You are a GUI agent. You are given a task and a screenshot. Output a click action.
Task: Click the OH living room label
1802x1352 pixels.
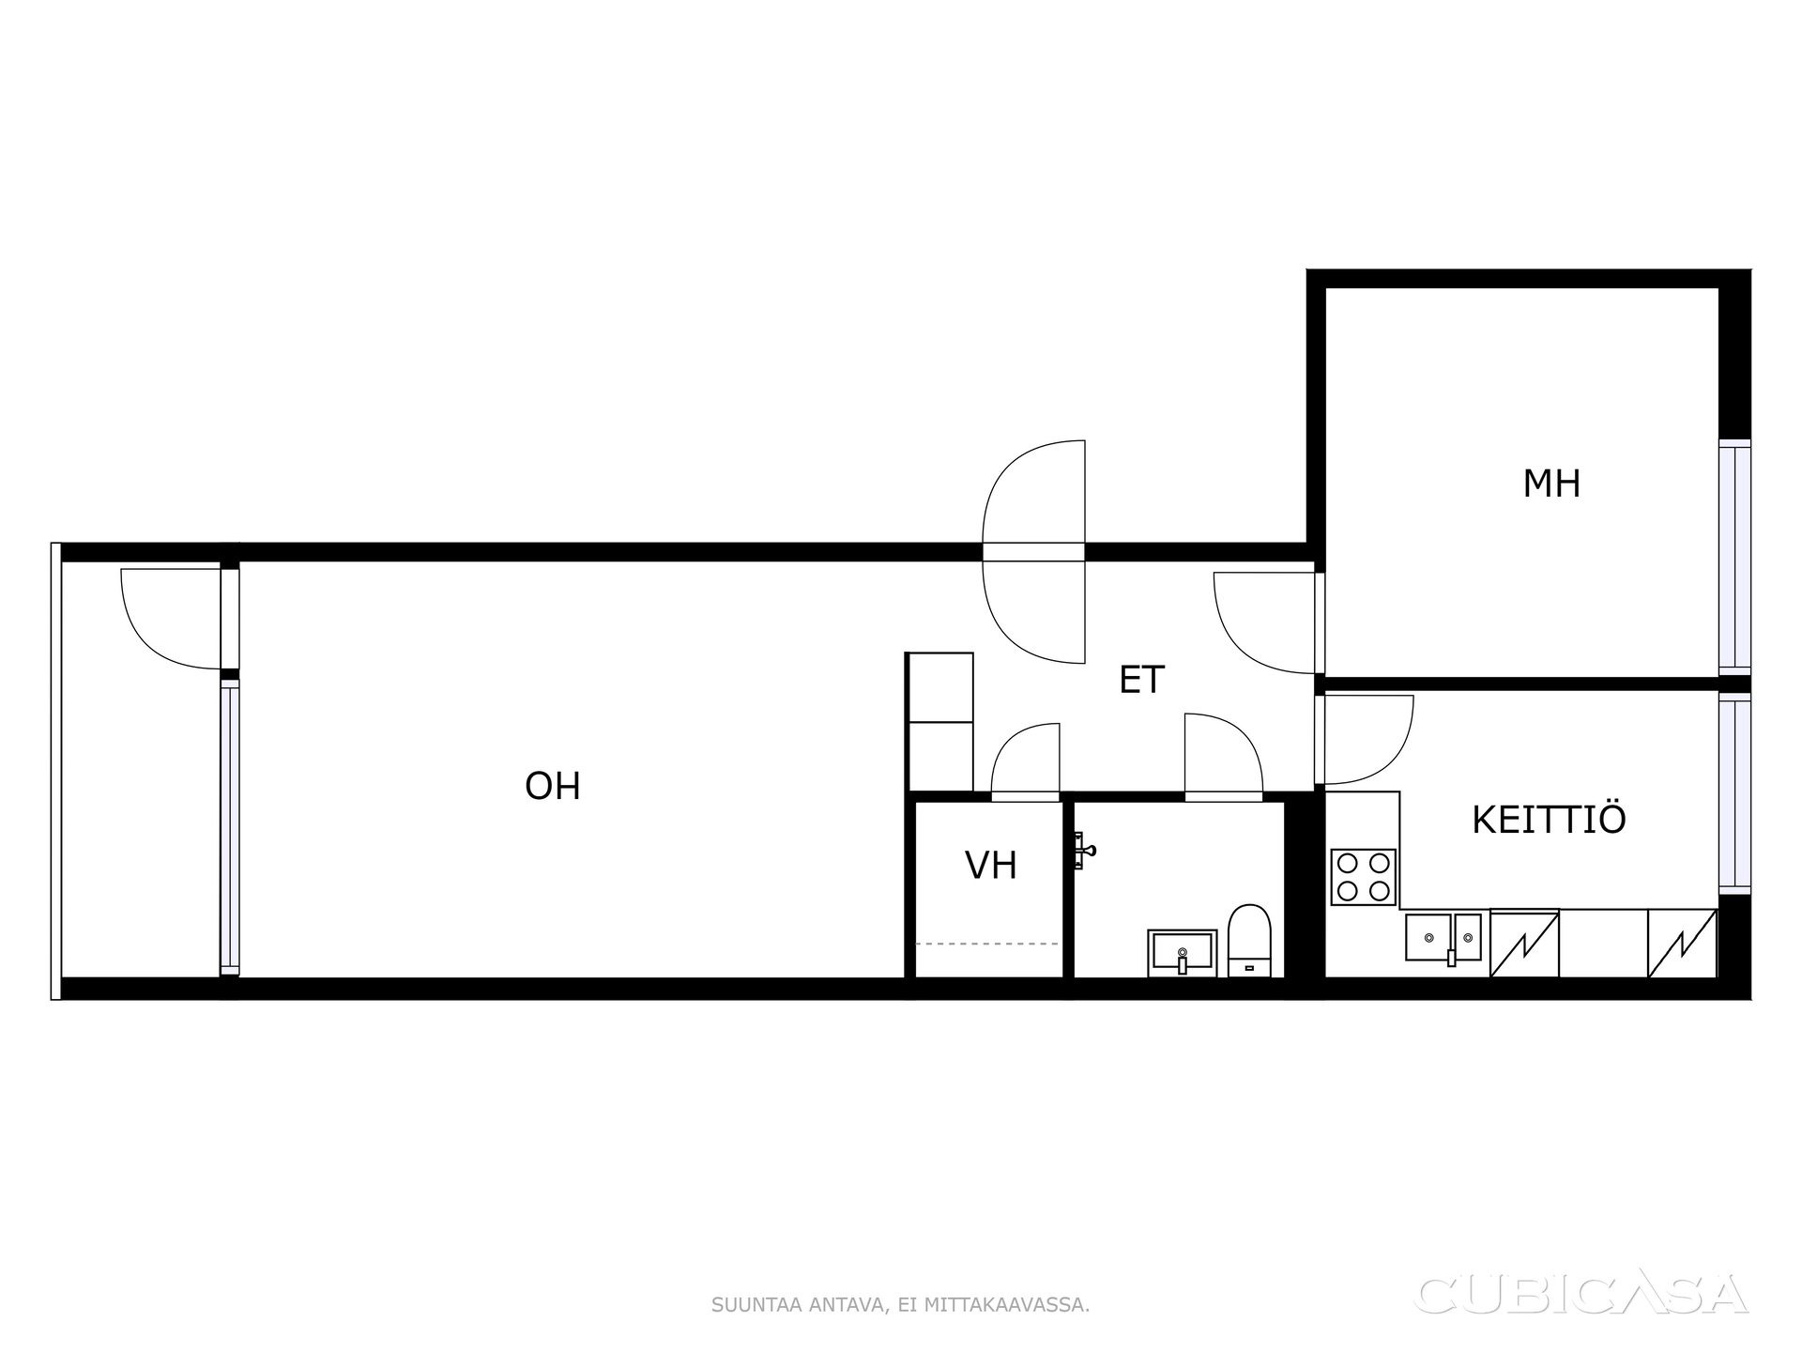[553, 787]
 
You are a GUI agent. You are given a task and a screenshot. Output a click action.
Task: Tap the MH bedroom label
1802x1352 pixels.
[1551, 484]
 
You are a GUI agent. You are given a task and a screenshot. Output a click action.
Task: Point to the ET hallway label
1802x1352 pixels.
[1141, 680]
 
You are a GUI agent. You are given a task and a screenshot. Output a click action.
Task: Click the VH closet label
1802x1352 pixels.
[991, 866]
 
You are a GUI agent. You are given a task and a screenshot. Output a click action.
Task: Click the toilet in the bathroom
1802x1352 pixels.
[1249, 940]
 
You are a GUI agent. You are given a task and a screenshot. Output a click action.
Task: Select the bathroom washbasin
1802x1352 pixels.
[1183, 953]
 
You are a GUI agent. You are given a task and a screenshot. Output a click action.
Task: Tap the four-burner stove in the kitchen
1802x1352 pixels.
[1364, 877]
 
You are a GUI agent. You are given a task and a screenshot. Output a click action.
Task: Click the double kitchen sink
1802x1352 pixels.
[1443, 937]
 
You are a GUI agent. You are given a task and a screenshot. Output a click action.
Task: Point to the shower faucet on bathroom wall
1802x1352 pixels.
[1083, 852]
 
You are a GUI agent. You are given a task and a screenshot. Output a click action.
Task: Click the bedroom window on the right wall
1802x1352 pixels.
[1734, 558]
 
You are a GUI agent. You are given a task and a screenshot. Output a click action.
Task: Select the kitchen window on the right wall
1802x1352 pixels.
[1734, 793]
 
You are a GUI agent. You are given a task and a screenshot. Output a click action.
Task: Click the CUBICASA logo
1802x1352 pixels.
[1581, 1295]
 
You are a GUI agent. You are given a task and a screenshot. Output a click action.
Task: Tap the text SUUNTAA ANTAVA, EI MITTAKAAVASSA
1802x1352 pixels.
[900, 1305]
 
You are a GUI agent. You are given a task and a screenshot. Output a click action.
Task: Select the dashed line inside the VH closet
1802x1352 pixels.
[987, 944]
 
